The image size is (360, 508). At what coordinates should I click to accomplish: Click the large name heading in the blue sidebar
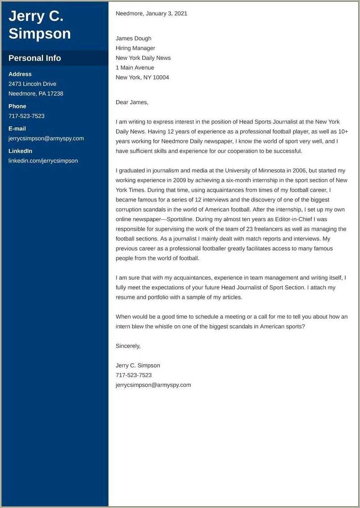coord(40,25)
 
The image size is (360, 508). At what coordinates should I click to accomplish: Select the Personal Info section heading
coord(35,58)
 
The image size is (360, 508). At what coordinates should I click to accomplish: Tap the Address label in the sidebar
coord(20,74)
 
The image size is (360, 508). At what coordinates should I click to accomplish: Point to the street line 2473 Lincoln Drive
coord(32,84)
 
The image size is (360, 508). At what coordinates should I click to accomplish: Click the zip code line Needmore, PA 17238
coord(36,94)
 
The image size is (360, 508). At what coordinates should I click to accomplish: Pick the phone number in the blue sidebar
coord(26,116)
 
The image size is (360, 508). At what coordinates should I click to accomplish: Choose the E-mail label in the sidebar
coord(17,129)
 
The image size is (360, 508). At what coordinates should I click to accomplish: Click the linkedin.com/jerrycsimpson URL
coord(43,161)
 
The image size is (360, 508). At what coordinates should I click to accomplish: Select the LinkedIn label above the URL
coord(20,151)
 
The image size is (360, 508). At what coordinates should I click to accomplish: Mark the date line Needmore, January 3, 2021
coord(151,13)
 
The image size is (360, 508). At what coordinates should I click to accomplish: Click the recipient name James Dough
coord(134,38)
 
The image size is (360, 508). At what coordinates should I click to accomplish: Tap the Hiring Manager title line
coord(135,48)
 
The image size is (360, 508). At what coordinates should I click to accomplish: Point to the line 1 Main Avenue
coord(135,68)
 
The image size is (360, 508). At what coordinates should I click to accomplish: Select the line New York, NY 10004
coord(142,78)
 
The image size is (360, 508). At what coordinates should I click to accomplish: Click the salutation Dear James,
coord(132,102)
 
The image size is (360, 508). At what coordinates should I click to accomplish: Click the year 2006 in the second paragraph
coord(299,171)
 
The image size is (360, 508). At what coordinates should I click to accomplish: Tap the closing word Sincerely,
coord(128,346)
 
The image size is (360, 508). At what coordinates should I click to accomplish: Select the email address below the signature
coord(153,385)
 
